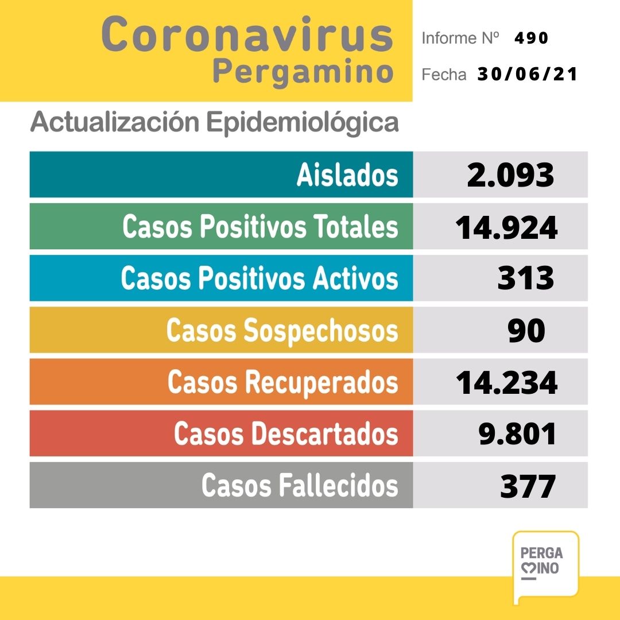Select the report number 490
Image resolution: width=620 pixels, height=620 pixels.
click(532, 38)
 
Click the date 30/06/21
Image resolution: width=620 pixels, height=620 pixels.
click(527, 75)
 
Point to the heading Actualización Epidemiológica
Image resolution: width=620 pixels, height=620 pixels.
click(214, 123)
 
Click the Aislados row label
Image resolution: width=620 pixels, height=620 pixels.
click(347, 175)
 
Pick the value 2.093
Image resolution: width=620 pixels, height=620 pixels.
click(510, 175)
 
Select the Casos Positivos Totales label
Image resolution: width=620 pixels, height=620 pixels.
click(260, 227)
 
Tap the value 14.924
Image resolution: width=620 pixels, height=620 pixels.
click(506, 227)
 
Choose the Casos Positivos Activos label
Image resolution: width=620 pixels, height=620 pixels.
click(259, 278)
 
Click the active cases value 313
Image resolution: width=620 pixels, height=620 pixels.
click(526, 279)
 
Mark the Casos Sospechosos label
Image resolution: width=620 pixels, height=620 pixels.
click(282, 331)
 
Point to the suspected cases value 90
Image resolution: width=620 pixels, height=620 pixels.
click(526, 331)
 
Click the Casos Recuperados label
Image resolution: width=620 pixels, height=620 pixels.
click(282, 382)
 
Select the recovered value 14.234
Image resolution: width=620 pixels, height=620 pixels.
click(506, 382)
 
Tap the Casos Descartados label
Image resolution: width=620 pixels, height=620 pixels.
click(286, 434)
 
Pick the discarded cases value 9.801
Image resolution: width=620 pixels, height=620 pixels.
click(517, 435)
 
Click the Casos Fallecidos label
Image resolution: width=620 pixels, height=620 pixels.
click(300, 486)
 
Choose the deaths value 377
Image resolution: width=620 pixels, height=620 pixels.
click(528, 486)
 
